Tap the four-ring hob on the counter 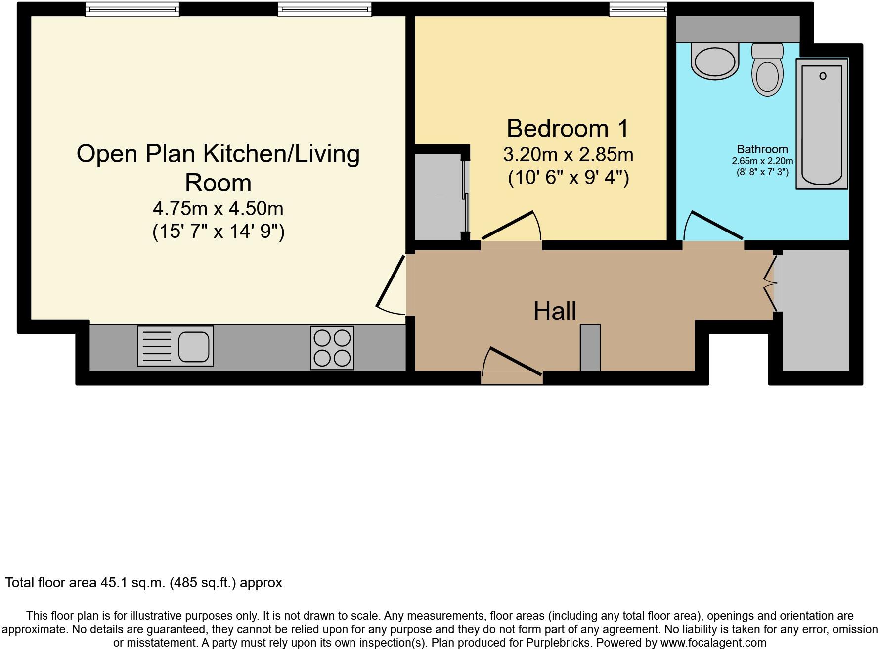click(332, 348)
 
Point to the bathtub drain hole click(823, 76)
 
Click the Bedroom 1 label click(568, 129)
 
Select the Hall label click(554, 311)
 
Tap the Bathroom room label click(762, 149)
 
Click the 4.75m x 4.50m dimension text click(218, 209)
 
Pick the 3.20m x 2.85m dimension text click(568, 155)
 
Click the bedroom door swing click(512, 228)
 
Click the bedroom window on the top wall click(638, 9)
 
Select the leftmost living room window click(132, 9)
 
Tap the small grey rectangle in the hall click(590, 348)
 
